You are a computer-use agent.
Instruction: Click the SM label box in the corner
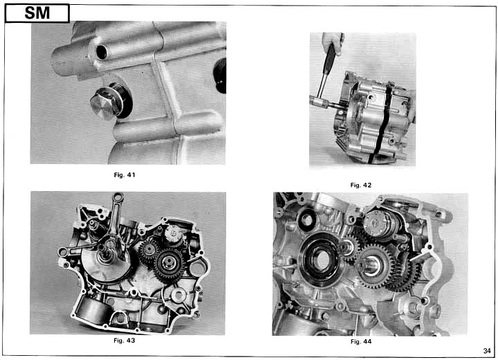coord(37,13)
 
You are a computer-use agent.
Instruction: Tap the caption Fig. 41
coord(124,175)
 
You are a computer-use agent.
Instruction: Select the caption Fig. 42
coord(361,185)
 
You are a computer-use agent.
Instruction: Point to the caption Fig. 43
coord(124,341)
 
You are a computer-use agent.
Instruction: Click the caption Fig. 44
coord(361,341)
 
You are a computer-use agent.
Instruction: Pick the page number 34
coord(487,351)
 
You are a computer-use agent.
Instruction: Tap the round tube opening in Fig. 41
coord(102,52)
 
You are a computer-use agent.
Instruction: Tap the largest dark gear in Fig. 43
coord(169,265)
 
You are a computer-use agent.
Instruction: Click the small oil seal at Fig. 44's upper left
coord(306,219)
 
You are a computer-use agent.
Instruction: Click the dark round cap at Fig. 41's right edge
coord(221,75)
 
